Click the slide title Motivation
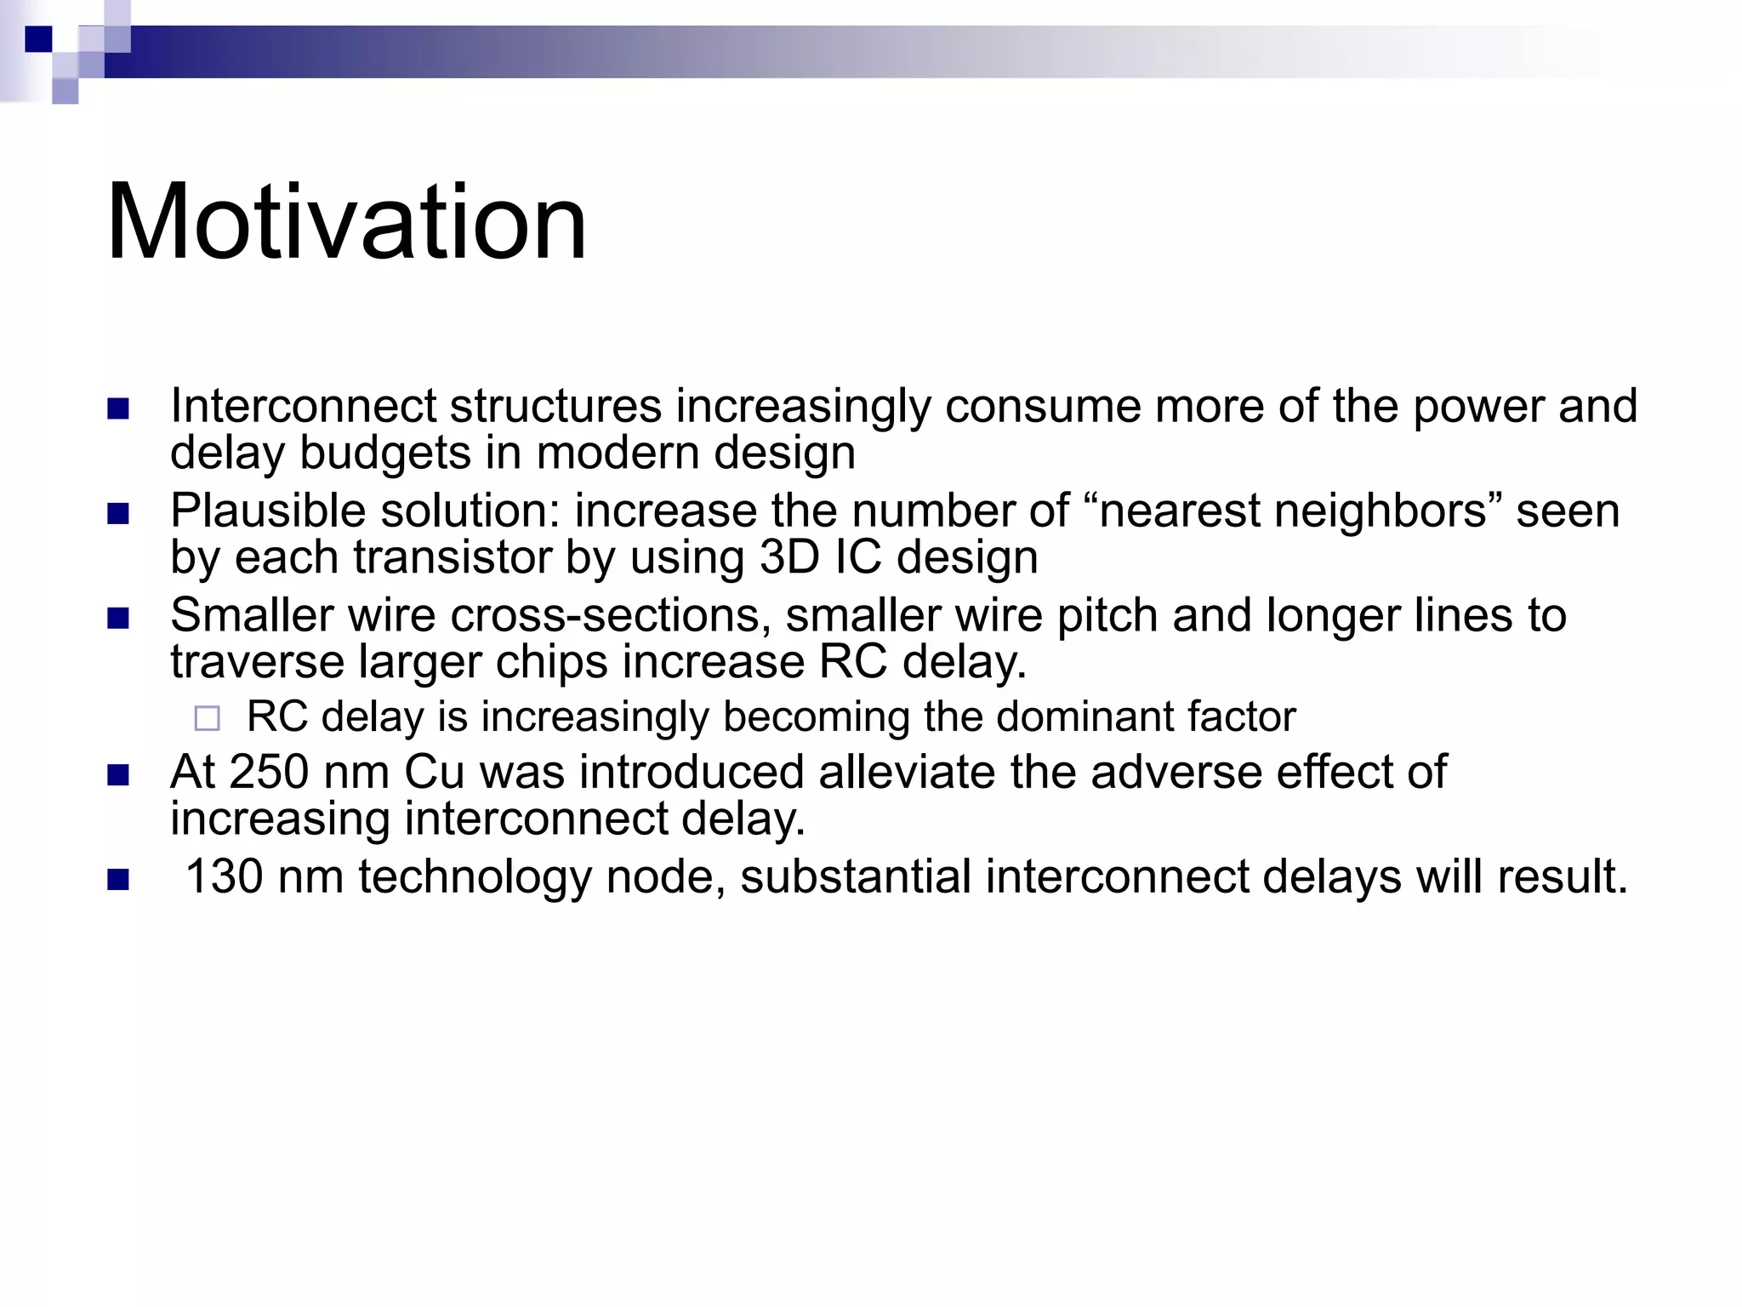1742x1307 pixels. pyautogui.click(x=346, y=222)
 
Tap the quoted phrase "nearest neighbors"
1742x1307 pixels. pyautogui.click(x=1293, y=511)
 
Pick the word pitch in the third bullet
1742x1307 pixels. pyautogui.click(x=1107, y=617)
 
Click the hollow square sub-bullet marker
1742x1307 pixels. pyautogui.click(x=207, y=719)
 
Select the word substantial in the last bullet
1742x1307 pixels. pyautogui.click(x=855, y=877)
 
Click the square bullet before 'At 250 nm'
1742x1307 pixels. pyautogui.click(x=118, y=775)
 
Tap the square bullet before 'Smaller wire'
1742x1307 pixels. pyautogui.click(x=118, y=618)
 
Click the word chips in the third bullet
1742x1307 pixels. pyautogui.click(x=551, y=663)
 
